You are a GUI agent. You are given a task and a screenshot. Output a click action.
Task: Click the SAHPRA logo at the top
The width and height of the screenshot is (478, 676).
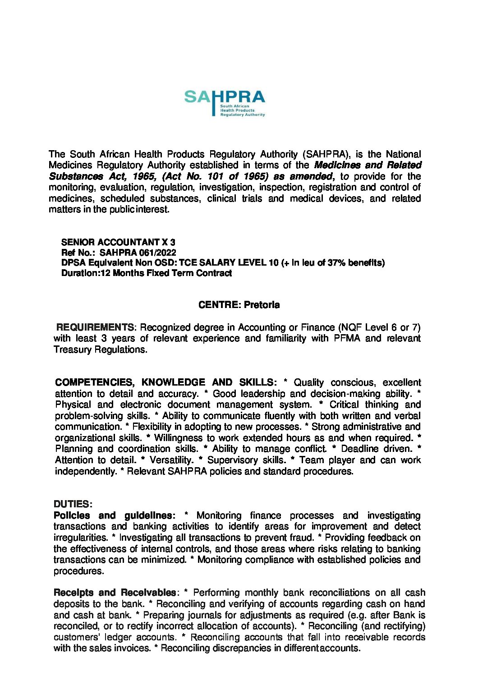225,103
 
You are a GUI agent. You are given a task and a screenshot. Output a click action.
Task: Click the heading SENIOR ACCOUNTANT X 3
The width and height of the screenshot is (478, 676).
118,242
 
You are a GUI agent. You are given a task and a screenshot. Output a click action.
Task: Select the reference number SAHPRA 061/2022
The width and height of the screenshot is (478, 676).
138,253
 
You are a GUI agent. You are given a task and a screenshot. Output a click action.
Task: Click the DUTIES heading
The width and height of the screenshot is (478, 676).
73,504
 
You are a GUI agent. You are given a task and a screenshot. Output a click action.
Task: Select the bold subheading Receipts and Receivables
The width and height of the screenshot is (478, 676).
115,592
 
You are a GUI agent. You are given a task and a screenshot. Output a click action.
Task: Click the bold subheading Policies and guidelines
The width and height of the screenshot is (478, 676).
112,515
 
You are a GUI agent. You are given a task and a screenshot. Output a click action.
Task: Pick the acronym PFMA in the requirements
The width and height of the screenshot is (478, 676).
347,338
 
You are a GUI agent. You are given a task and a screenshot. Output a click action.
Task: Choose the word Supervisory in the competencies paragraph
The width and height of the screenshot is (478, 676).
246,460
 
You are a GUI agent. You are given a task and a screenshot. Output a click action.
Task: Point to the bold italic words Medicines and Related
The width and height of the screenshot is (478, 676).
368,165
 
